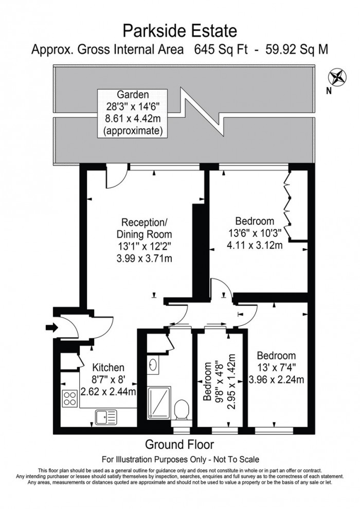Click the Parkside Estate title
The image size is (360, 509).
tap(179, 31)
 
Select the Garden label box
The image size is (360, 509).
tap(133, 113)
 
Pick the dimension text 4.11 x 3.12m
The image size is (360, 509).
tap(256, 245)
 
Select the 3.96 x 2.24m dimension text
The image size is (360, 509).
tap(276, 380)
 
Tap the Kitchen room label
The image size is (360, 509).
tap(108, 367)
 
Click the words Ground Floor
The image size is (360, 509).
tap(179, 444)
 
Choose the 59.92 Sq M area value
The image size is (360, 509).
tap(297, 49)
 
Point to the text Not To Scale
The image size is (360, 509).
tap(230, 459)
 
